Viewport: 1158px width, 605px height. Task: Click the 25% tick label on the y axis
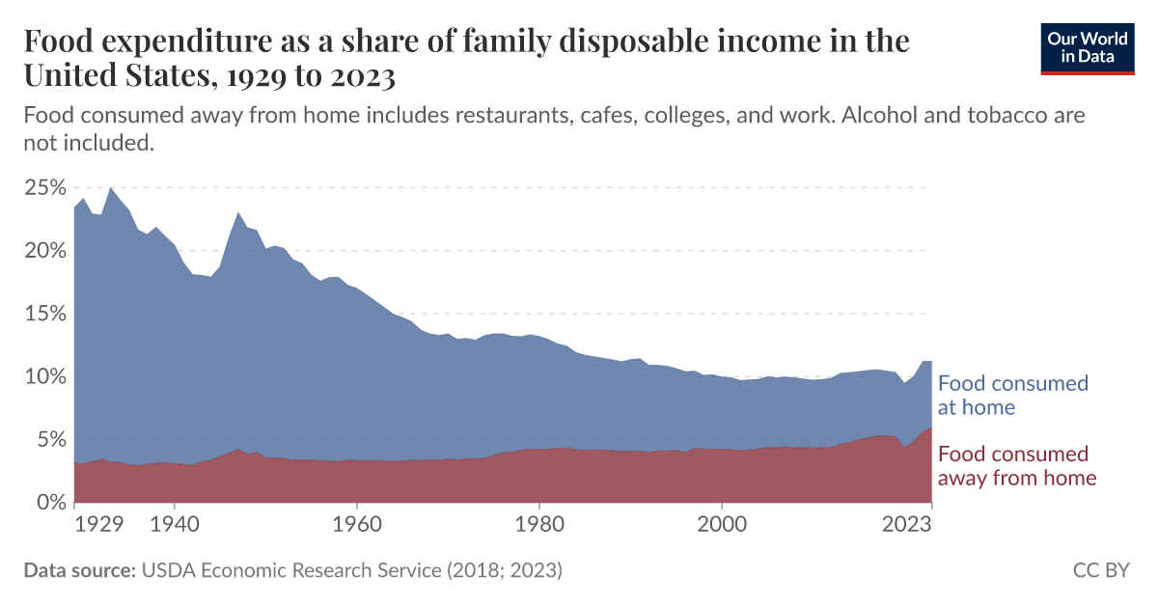43,187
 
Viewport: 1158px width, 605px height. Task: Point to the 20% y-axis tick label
43,251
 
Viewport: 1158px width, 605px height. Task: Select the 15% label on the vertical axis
43,314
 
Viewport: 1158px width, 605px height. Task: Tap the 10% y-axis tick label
43,376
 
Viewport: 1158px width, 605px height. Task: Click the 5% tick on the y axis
49,440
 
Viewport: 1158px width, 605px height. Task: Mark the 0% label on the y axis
49,503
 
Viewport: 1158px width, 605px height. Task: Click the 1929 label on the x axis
99,524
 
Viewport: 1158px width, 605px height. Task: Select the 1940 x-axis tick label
174,524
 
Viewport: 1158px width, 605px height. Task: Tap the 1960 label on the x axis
357,524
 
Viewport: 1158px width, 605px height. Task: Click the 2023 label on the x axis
907,524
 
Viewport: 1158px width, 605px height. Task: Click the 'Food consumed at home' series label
1012,395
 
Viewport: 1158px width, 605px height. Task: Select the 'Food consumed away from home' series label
1017,466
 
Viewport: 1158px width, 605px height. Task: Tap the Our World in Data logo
1087,48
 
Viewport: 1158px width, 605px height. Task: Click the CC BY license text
1100,570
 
